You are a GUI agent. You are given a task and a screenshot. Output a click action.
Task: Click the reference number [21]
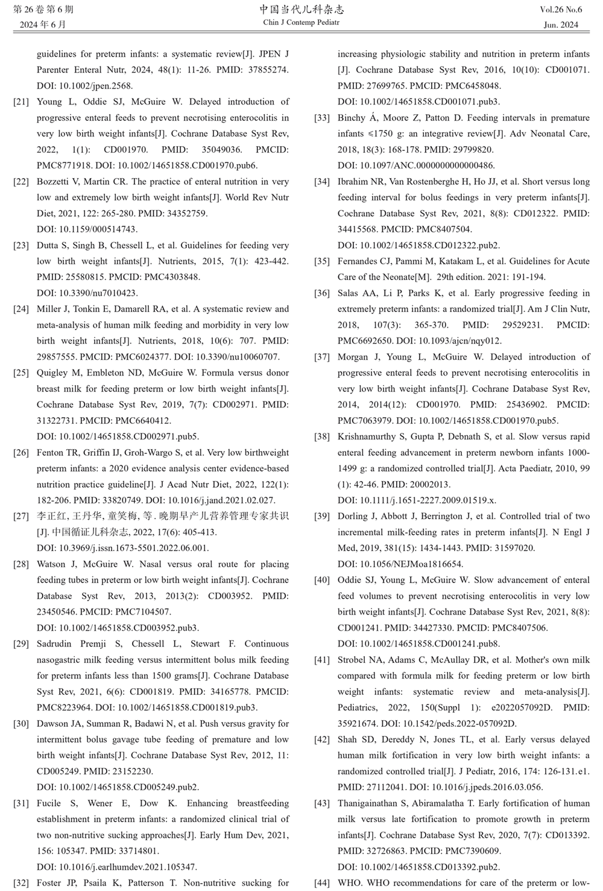(21, 102)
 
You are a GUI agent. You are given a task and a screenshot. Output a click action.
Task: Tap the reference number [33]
(322, 118)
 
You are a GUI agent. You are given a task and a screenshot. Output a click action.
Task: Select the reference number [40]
(322, 580)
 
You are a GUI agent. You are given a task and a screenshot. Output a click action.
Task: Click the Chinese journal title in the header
(301, 10)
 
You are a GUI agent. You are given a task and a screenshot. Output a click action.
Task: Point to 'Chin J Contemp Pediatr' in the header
(301, 22)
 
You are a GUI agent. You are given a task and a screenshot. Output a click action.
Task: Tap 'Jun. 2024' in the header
(561, 25)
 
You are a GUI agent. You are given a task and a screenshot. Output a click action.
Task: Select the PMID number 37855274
(265, 70)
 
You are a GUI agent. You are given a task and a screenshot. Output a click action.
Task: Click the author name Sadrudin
(59, 644)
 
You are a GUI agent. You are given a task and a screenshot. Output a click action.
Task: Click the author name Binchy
(353, 118)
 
